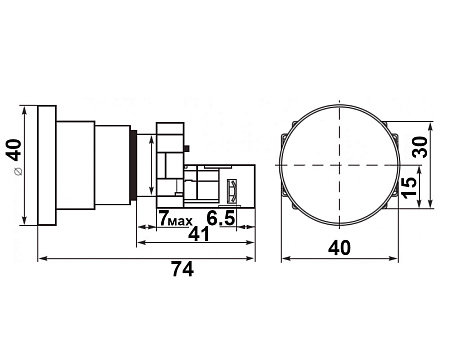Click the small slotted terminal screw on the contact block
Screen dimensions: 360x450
236,187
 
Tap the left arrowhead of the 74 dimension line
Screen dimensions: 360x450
41,258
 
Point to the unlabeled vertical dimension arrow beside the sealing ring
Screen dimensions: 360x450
151,164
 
